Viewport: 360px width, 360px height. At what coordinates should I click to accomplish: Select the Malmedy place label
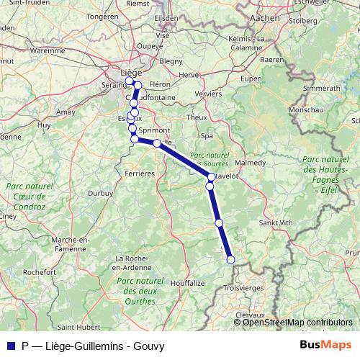pyautogui.click(x=250, y=163)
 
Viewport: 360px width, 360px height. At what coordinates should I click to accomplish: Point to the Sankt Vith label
pyautogui.click(x=276, y=223)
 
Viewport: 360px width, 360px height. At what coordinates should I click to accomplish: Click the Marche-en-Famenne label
pyautogui.click(x=70, y=243)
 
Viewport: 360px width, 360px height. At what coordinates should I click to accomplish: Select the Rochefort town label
pyautogui.click(x=39, y=273)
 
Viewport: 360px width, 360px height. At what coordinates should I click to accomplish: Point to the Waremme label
pyautogui.click(x=47, y=51)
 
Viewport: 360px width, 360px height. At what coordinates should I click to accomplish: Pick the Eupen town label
pyautogui.click(x=251, y=78)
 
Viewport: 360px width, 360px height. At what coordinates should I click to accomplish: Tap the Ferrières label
pyautogui.click(x=140, y=174)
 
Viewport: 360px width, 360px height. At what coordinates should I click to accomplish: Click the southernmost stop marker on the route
pyautogui.click(x=230, y=260)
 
